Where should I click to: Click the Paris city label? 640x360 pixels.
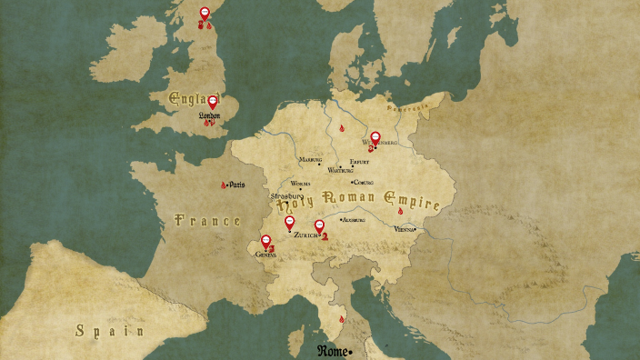coord(237,185)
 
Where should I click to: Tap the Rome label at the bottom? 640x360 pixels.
coord(334,351)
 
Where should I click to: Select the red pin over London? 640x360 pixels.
coord(213,103)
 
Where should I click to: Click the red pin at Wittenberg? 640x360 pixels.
coord(375,138)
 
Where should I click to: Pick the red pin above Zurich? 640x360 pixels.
coord(319,225)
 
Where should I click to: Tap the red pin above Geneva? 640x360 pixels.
coord(266,242)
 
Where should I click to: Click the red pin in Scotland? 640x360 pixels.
coord(205,14)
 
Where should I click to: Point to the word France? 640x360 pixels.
coord(207,221)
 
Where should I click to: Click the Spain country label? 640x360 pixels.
coord(110,331)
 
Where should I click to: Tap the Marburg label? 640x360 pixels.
coord(311,159)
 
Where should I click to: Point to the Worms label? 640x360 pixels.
coord(300,184)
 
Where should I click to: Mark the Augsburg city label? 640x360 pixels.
coord(353,220)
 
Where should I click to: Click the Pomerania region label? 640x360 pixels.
coord(405,107)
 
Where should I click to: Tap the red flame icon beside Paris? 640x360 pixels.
coord(224,185)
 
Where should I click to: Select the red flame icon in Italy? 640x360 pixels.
coord(342,319)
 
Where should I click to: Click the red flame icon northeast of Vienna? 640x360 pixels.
coord(400,211)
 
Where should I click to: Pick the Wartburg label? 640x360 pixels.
coord(340,170)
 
